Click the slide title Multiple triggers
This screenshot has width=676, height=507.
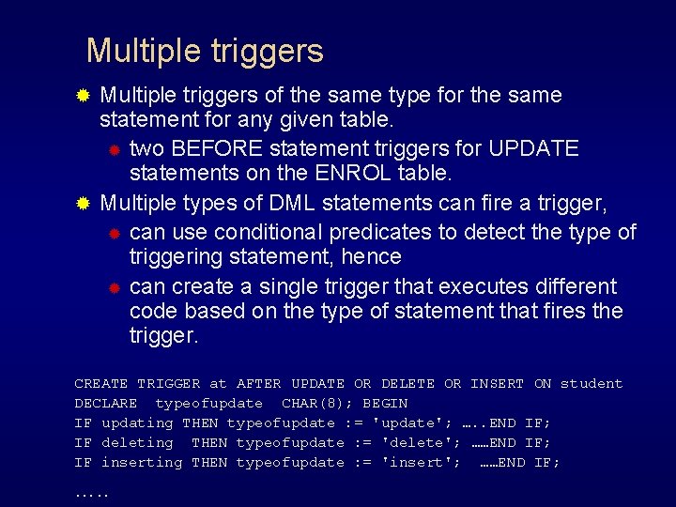[x=205, y=51]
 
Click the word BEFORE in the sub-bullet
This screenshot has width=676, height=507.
[x=215, y=148]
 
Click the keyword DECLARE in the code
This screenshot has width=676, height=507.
[x=106, y=404]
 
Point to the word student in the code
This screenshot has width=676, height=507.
[x=591, y=384]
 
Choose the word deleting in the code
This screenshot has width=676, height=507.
[x=137, y=443]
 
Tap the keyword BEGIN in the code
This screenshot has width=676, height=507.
[x=385, y=404]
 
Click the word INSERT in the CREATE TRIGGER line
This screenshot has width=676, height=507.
[x=497, y=384]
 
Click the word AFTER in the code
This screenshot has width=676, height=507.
[x=259, y=384]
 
